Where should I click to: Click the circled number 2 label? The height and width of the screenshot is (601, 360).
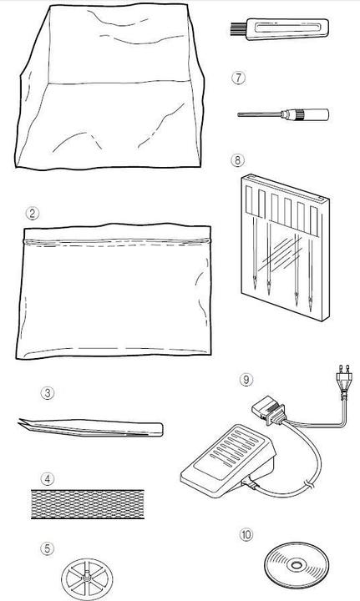33,214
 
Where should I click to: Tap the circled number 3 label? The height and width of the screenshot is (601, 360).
47,393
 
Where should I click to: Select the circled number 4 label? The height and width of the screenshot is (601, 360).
47,479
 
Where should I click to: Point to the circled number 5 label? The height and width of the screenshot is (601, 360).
47,548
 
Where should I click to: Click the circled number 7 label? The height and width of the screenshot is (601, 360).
238,78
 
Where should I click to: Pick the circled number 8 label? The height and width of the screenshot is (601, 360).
237,159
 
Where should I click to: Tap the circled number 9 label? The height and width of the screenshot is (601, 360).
246,380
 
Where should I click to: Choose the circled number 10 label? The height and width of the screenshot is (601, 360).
246,535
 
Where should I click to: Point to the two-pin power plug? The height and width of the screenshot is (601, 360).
343,376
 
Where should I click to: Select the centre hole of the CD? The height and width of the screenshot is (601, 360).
297,565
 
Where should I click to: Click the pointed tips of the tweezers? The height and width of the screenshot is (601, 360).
23,423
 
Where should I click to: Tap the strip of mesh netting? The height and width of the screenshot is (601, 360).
88,503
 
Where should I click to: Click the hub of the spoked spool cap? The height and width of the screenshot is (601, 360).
87,577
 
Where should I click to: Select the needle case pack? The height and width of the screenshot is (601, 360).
285,247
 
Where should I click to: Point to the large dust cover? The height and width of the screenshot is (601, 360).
109,86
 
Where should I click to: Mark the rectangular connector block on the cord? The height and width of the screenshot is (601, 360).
268,412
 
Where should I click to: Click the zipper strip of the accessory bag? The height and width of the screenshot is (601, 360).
117,242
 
